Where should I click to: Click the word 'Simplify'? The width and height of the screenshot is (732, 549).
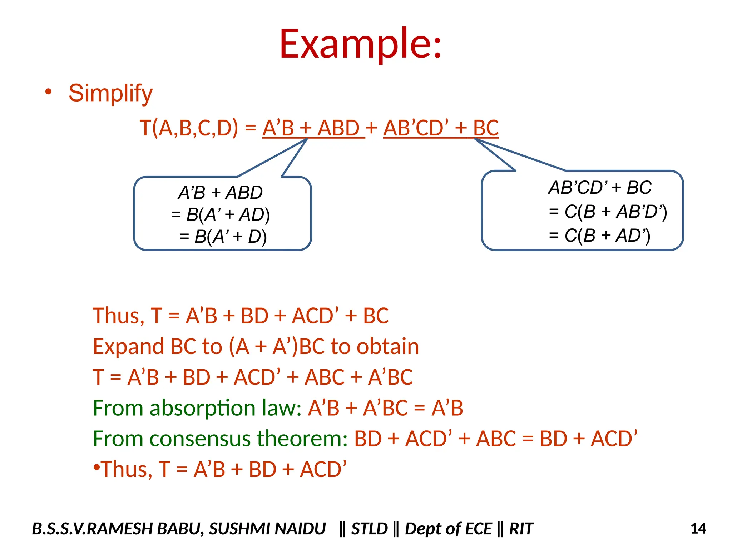coord(110,93)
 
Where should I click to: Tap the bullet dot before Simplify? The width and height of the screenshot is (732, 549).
coord(48,92)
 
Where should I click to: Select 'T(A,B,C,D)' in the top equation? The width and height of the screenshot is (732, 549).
coord(188,128)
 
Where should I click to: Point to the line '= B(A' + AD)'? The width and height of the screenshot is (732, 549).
coord(220,214)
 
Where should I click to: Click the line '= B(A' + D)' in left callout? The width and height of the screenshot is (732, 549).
coord(223,236)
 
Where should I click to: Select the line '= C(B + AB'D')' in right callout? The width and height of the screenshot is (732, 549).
coord(608,211)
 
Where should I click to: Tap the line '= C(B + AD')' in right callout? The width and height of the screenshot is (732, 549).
coord(599,235)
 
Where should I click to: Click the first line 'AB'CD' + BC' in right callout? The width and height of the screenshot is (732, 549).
coord(600,188)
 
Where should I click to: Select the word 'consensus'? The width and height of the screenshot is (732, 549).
coord(200,439)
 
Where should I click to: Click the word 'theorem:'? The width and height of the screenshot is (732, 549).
coord(302,439)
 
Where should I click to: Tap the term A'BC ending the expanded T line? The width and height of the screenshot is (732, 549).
coord(390,377)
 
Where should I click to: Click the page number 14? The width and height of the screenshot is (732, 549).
coord(698,529)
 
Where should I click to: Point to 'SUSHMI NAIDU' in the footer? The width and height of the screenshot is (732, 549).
coord(267,529)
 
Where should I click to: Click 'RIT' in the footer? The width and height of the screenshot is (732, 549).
coord(521,529)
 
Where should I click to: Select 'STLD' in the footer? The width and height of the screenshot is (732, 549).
coord(369,529)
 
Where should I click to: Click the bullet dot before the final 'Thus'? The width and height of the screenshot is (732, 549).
coord(96,467)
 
